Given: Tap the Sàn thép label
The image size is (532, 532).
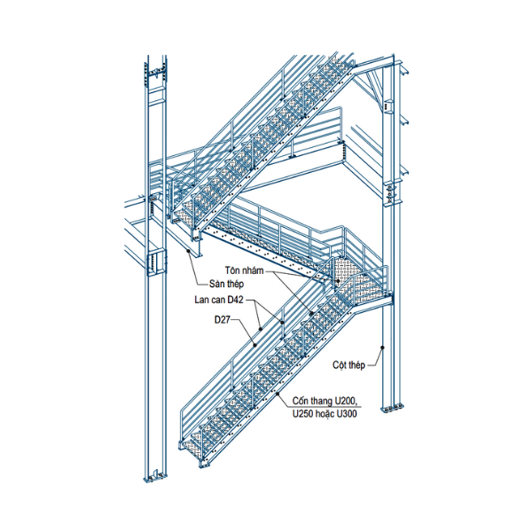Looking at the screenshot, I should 226,284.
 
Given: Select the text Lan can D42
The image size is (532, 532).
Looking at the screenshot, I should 219,300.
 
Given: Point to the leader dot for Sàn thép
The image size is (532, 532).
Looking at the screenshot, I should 190,251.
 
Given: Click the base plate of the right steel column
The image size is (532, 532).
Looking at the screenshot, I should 389,409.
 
